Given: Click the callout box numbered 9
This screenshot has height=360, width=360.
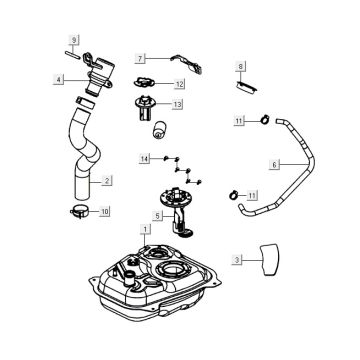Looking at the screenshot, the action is [x=74, y=40].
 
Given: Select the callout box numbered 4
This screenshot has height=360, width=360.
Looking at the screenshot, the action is [x=58, y=80].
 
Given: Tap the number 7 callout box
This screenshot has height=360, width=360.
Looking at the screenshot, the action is [x=140, y=59].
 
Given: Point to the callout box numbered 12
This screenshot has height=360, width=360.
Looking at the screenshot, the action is [x=179, y=84].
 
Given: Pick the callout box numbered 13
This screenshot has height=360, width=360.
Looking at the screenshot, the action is [x=177, y=105].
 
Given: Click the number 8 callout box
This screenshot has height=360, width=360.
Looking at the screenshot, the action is [x=241, y=67].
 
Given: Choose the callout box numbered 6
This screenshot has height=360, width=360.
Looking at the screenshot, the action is [x=274, y=165].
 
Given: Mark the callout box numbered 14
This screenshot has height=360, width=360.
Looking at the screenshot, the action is [x=144, y=160].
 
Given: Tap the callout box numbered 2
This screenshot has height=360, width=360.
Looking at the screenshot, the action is [x=107, y=181].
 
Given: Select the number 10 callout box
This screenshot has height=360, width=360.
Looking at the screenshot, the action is [x=105, y=211].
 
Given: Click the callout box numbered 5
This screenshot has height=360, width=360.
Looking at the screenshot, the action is [x=158, y=216].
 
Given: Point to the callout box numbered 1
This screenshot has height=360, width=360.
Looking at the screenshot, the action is [x=145, y=229].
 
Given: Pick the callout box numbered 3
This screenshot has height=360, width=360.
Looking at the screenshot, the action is [x=237, y=260].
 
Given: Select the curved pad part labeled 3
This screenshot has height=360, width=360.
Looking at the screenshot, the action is [x=269, y=260].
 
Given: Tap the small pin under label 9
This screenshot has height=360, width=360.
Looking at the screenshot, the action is [x=72, y=54].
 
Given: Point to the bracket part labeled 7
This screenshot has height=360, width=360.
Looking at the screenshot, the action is [x=187, y=63].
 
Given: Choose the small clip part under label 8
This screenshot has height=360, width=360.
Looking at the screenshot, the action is [x=246, y=86].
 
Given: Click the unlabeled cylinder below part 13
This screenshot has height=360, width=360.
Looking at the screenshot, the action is [x=160, y=130].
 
